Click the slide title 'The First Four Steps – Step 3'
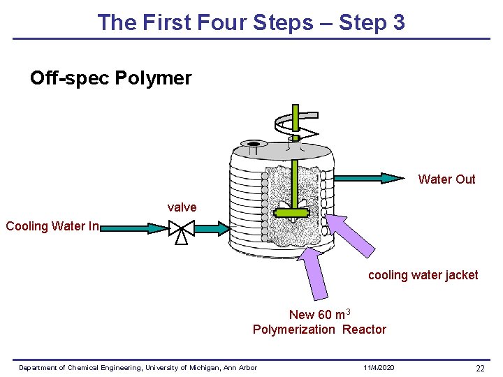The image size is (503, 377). [251, 22]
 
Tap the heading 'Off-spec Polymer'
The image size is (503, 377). [110, 78]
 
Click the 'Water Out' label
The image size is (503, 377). [446, 179]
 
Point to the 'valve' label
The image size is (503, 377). [182, 207]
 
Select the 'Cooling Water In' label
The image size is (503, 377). [52, 226]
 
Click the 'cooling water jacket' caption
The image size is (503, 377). [423, 275]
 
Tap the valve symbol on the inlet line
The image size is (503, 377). [181, 228]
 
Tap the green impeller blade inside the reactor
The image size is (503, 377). [291, 213]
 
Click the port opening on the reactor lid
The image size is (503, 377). [253, 147]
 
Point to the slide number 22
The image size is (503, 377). [480, 368]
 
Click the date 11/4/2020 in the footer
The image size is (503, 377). [379, 368]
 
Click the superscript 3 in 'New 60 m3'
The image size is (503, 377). [348, 311]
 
